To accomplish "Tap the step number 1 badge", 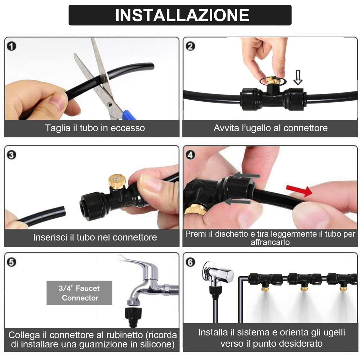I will pyautogui.click(x=11, y=46).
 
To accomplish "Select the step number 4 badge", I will pyautogui.click(x=190, y=155).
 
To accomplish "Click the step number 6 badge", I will pyautogui.click(x=190, y=262).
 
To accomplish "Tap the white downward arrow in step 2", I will pyautogui.click(x=298, y=77).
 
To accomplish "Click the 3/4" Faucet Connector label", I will pyautogui.click(x=79, y=293).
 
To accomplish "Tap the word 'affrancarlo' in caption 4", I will pyautogui.click(x=270, y=242).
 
